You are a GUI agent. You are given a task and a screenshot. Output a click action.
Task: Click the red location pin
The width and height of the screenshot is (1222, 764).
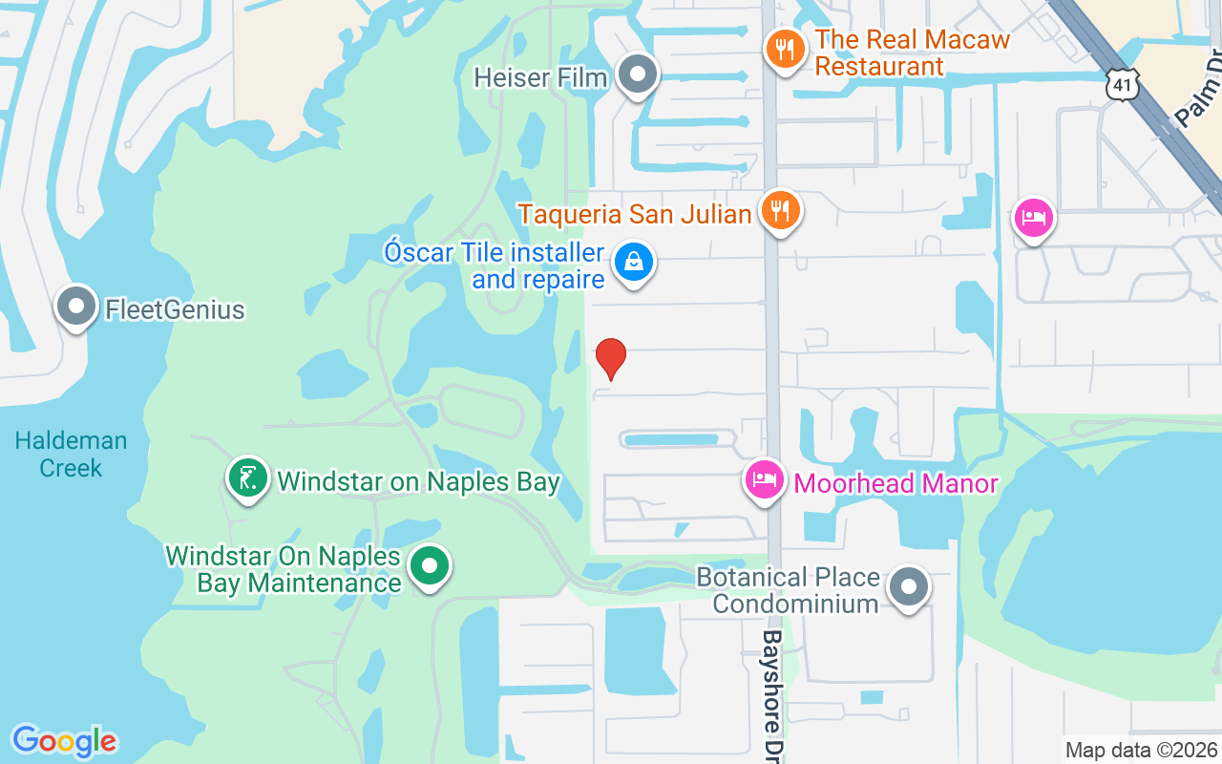click(610, 358)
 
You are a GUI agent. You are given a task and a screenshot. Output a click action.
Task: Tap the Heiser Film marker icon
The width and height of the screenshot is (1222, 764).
click(638, 74)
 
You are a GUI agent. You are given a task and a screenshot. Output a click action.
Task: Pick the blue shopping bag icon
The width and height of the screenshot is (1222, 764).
click(632, 261)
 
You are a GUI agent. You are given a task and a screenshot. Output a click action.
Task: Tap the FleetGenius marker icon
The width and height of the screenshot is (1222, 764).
click(76, 307)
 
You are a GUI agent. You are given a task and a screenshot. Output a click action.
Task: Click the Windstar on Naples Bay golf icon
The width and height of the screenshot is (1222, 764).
click(248, 477)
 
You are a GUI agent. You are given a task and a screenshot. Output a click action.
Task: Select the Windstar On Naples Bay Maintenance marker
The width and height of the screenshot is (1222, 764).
click(430, 566)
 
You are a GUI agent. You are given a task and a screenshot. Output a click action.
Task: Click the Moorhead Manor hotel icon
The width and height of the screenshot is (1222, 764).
click(765, 480)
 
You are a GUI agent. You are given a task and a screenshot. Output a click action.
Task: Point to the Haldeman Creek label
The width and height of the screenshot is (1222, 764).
click(72, 455)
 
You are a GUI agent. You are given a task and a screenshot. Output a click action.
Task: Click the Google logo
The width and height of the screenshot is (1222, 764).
click(64, 741)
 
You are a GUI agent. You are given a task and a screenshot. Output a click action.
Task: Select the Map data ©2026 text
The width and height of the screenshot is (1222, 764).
click(1141, 751)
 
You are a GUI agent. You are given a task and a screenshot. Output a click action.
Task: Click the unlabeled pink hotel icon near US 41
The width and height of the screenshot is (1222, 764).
click(1034, 219)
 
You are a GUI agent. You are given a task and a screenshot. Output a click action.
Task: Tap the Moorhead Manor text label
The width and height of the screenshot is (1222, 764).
click(895, 483)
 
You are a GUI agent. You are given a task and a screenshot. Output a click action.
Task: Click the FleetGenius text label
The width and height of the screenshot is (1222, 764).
click(175, 310)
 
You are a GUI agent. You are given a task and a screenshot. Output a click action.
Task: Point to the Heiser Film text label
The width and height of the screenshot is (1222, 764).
click(541, 77)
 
